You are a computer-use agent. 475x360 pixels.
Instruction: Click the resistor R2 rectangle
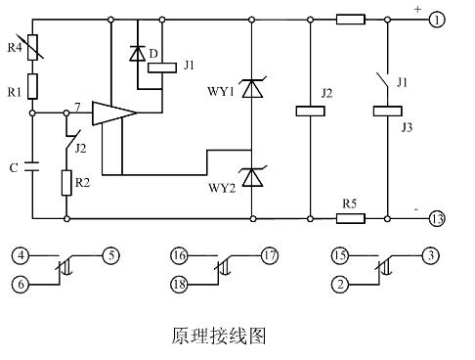[66, 183]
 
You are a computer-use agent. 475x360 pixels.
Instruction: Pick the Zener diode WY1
[253, 89]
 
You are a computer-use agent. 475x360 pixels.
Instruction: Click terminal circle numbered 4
[20, 256]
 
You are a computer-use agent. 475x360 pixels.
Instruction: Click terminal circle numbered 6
[20, 284]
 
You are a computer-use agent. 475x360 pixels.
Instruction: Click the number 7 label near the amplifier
[76, 106]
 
